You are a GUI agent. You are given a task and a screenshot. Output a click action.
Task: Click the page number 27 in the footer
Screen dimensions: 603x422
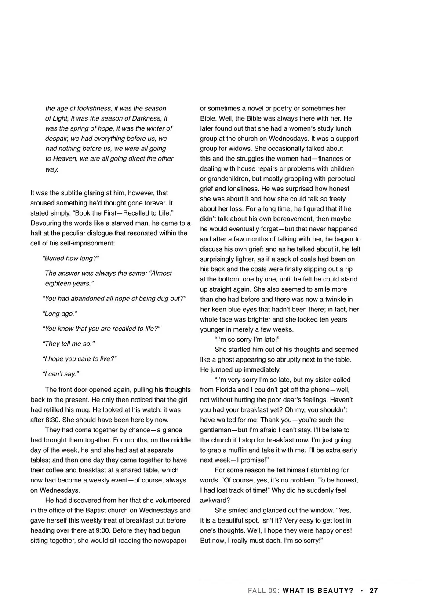374,591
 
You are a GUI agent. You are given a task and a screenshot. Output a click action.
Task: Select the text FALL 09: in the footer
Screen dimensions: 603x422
264,591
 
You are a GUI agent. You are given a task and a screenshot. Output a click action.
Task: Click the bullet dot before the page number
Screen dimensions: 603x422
361,591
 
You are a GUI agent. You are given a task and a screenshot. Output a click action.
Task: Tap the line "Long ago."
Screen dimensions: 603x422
60,314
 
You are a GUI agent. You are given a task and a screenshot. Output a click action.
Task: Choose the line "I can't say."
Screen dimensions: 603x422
61,374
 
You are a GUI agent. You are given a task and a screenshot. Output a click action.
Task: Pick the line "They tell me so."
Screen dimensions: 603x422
68,344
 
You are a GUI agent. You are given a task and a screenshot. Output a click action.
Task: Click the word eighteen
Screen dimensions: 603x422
58,283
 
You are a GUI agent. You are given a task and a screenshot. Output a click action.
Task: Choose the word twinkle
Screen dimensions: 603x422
336,299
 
